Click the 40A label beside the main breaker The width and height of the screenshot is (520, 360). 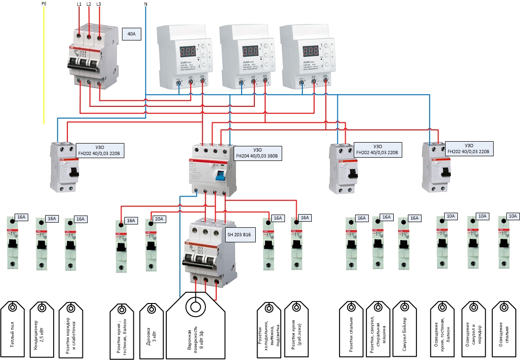131,34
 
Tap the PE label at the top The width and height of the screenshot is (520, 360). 44,4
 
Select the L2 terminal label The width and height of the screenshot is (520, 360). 89,4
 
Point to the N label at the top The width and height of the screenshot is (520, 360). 146,4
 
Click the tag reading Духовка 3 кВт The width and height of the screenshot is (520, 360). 151,328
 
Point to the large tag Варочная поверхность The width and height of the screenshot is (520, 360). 195,325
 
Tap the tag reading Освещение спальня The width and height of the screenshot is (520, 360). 506,328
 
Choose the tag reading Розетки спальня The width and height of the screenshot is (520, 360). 351,328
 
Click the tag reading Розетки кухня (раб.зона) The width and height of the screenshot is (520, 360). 296,328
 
